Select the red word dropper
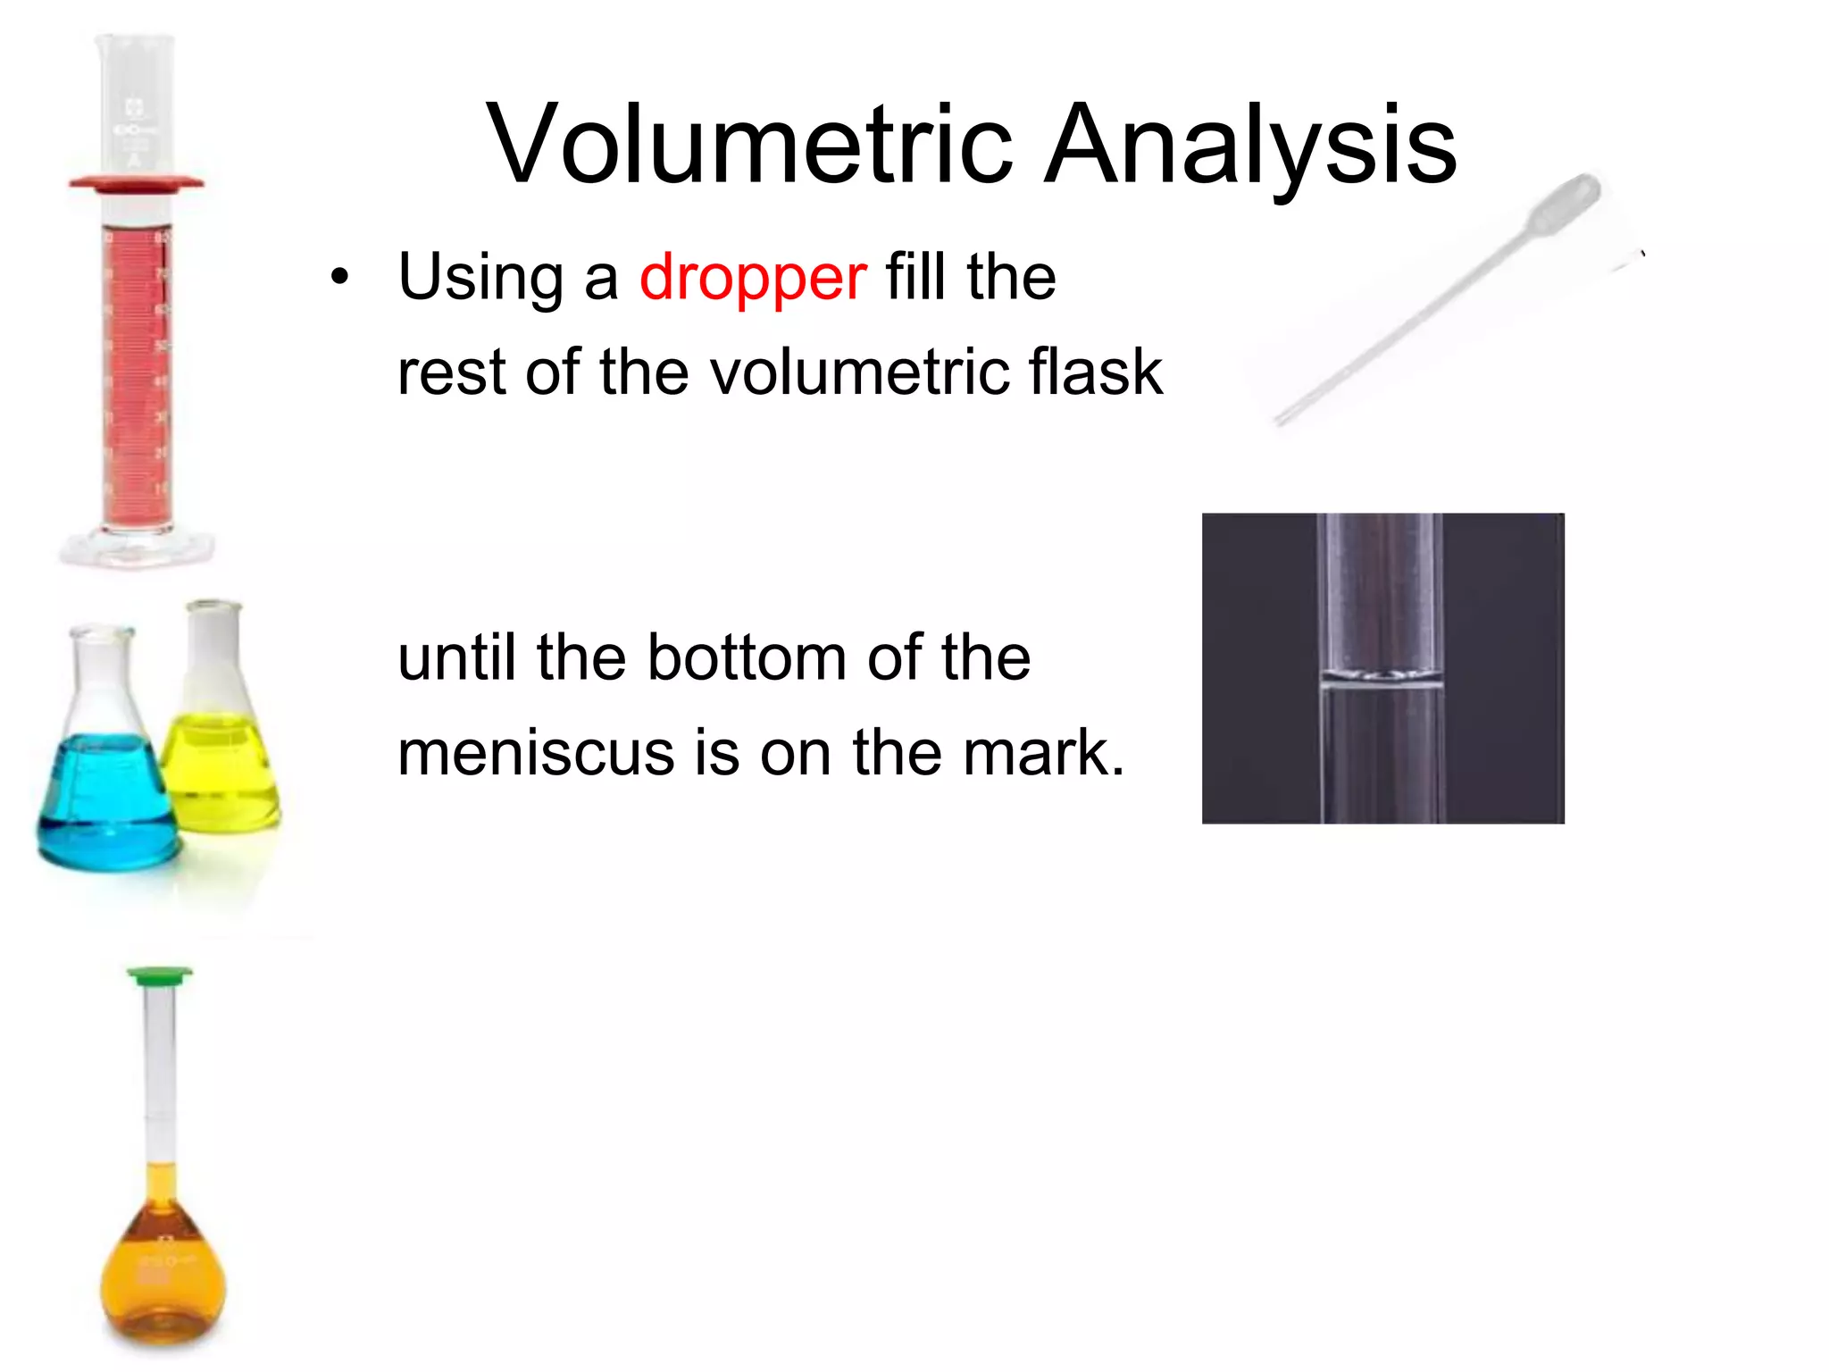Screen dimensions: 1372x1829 click(752, 277)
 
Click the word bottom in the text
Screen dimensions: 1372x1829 click(747, 658)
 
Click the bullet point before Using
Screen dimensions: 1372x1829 click(338, 278)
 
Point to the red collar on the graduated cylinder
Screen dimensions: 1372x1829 click(136, 184)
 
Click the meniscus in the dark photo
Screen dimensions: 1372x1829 click(1381, 676)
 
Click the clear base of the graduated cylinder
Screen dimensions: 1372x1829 click(136, 546)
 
